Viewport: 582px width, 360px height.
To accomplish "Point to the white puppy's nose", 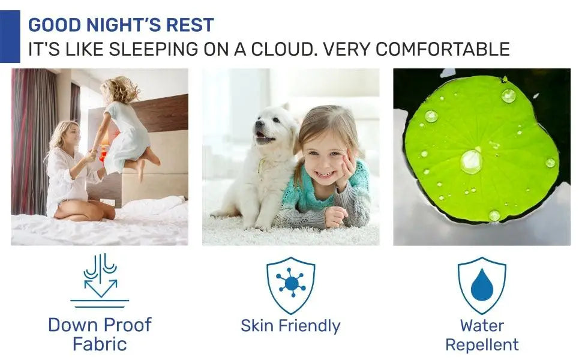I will [257, 132].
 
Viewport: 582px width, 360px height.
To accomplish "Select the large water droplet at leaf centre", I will [471, 161].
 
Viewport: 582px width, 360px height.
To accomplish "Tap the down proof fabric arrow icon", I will [100, 281].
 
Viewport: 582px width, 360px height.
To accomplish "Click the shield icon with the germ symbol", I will [290, 285].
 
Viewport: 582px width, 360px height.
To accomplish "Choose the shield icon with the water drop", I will [482, 285].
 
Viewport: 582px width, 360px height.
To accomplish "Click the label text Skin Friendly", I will [290, 326].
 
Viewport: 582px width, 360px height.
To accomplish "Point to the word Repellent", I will [482, 345].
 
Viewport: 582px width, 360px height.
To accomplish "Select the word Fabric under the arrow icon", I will [100, 344].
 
